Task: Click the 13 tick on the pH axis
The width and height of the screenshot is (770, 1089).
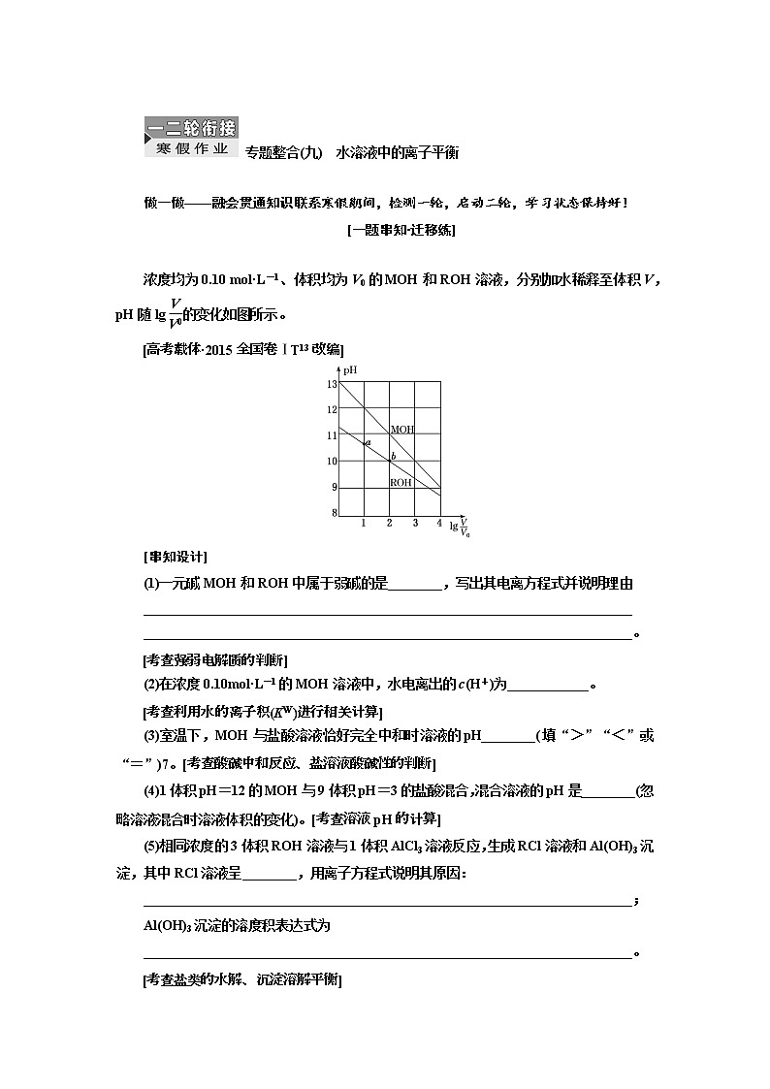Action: click(331, 384)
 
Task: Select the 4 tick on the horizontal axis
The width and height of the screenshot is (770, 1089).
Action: click(439, 524)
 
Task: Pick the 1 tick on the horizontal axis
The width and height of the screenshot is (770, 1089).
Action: click(364, 524)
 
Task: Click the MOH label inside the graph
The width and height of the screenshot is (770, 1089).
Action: click(401, 429)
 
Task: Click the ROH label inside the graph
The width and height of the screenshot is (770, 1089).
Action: click(401, 482)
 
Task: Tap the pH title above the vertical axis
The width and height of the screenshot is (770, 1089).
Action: click(352, 369)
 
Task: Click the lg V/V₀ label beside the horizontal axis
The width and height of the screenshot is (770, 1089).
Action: click(460, 526)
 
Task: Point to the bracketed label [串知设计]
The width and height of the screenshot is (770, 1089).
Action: click(175, 556)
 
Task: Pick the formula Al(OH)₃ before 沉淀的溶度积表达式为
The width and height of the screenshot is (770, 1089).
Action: click(167, 925)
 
